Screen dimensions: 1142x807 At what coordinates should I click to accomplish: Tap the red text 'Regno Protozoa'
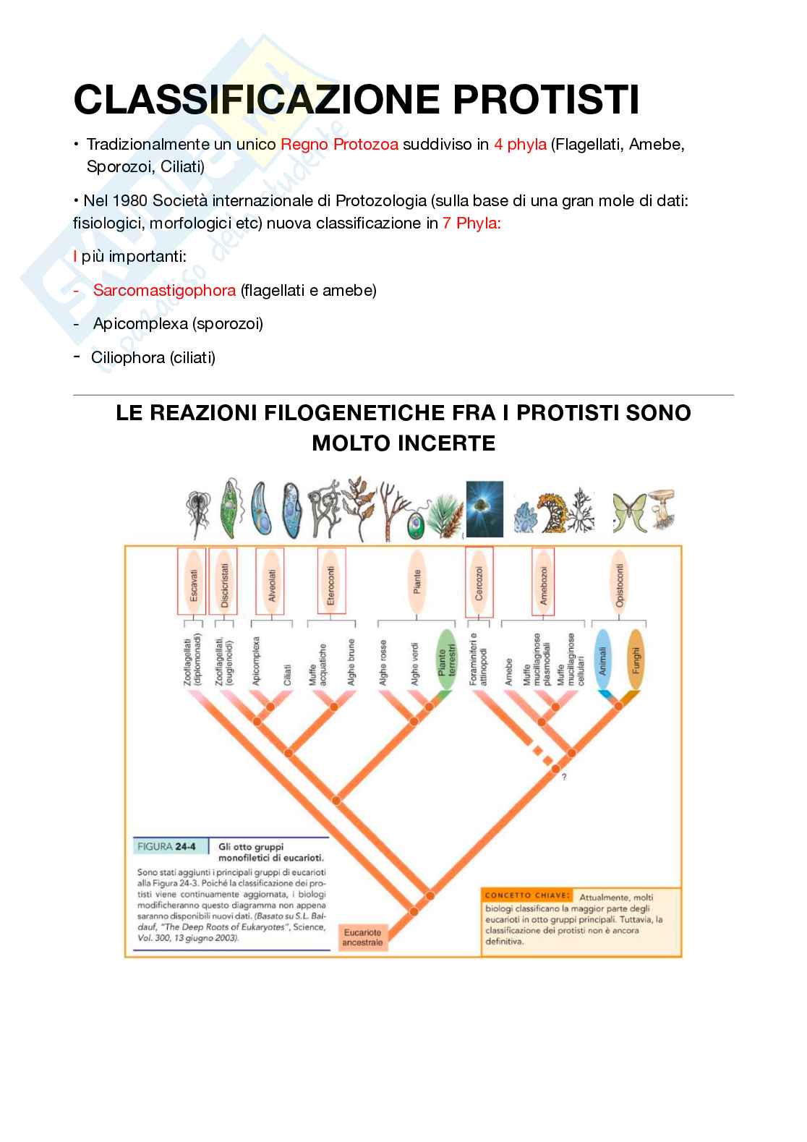339,145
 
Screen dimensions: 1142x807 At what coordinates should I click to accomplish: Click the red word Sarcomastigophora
164,291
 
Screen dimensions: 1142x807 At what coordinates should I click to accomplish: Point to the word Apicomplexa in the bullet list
140,324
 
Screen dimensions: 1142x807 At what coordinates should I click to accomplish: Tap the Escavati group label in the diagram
192,581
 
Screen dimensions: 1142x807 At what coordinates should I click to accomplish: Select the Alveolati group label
271,581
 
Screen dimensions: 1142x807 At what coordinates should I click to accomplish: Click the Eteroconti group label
332,581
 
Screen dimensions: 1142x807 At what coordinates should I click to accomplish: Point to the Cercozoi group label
479,581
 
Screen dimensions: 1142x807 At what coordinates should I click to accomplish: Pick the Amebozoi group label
544,581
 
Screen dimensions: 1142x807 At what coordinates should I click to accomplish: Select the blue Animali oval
604,660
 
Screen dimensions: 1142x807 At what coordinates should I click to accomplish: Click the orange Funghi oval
636,660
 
